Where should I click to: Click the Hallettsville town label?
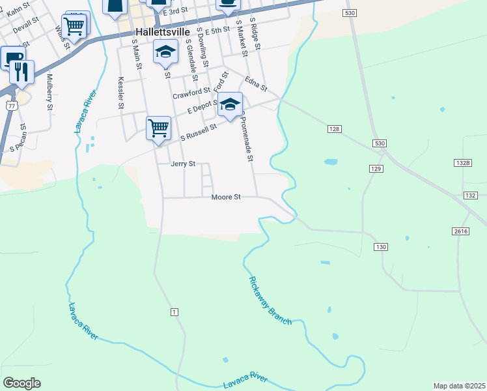click(x=161, y=31)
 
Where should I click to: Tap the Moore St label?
click(x=226, y=196)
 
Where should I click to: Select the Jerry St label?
click(x=183, y=164)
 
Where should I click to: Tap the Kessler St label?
click(x=120, y=92)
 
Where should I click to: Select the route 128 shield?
click(x=334, y=130)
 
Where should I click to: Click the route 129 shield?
click(x=376, y=169)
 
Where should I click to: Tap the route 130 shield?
click(x=381, y=246)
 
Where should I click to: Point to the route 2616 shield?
click(x=459, y=231)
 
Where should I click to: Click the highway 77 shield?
click(x=10, y=105)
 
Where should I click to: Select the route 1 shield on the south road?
click(x=174, y=313)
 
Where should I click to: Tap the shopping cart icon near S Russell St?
click(x=159, y=127)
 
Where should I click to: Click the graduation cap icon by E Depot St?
click(x=230, y=104)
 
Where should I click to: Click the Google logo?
click(x=22, y=383)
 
